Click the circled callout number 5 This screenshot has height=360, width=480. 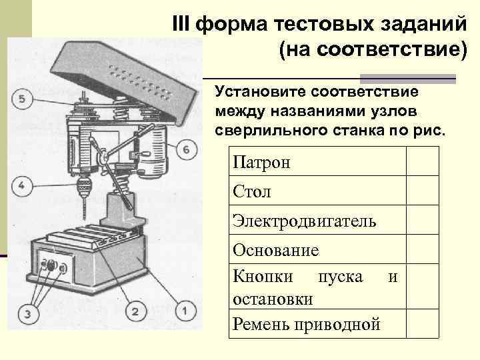coord(23,100)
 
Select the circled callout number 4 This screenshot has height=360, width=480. coord(23,185)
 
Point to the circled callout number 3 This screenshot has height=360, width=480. coord(27,313)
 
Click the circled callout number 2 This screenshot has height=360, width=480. coord(135,311)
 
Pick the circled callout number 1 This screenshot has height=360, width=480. coord(185,310)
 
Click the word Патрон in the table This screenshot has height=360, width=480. coord(262,162)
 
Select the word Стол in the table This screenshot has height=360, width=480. coord(252,192)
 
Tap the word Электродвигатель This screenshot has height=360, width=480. coord(304,221)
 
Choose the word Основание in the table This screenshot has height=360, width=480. coord(276,250)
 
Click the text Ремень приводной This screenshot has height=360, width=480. coord(307,324)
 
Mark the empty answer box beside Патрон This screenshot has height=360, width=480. coord(423,161)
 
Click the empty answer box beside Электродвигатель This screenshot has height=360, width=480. coord(423,220)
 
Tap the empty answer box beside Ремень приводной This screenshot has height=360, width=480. coord(423,324)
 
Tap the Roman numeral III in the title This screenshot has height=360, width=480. coord(181,24)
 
